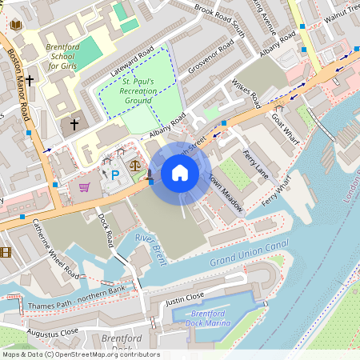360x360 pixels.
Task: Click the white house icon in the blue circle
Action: pyautogui.click(x=180, y=173)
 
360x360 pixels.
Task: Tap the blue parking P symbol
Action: pyautogui.click(x=114, y=174)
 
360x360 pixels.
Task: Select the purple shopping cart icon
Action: pyautogui.click(x=85, y=187)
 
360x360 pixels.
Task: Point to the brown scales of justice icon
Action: pyautogui.click(x=134, y=170)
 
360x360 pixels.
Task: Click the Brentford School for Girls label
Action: pyautogui.click(x=62, y=57)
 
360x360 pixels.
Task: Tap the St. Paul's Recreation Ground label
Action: pyautogui.click(x=139, y=91)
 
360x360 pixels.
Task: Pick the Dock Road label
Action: pyautogui.click(x=107, y=227)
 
